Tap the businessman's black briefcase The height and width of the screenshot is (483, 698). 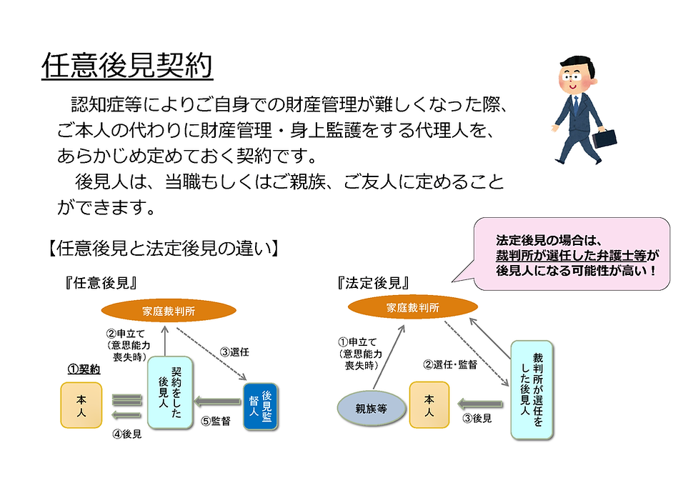click(x=604, y=139)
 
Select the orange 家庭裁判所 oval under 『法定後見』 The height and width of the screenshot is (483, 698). click(x=413, y=307)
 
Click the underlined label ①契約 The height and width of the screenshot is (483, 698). click(x=84, y=369)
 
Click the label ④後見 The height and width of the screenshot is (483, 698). click(x=126, y=433)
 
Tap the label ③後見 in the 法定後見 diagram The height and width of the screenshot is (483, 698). click(x=477, y=419)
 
